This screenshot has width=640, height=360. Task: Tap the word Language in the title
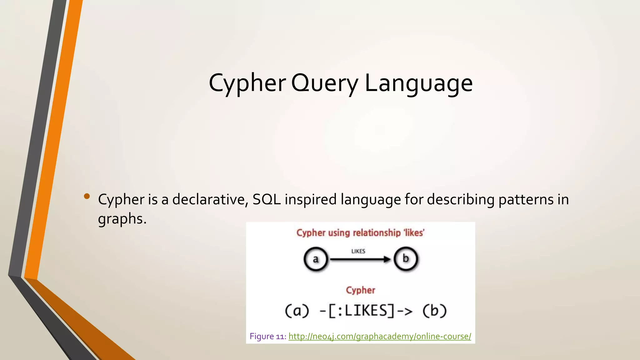(x=418, y=83)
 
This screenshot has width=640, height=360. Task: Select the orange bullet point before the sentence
(x=87, y=196)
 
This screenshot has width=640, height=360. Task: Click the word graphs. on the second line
(x=122, y=219)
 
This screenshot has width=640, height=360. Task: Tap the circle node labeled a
(x=316, y=259)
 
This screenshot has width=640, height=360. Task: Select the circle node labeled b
(x=406, y=259)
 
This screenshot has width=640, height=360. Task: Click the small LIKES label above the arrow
(x=358, y=251)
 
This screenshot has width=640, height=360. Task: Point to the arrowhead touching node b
(x=387, y=259)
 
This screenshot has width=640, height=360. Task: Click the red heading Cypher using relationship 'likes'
(x=360, y=233)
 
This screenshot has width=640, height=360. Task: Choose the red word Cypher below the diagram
(x=360, y=290)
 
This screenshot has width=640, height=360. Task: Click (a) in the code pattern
(x=297, y=311)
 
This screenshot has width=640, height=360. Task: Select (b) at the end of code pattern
(x=434, y=311)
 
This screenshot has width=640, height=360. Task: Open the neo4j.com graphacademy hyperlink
(x=379, y=336)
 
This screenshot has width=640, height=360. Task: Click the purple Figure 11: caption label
(x=267, y=336)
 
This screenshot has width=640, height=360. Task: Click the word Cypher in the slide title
(x=247, y=83)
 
